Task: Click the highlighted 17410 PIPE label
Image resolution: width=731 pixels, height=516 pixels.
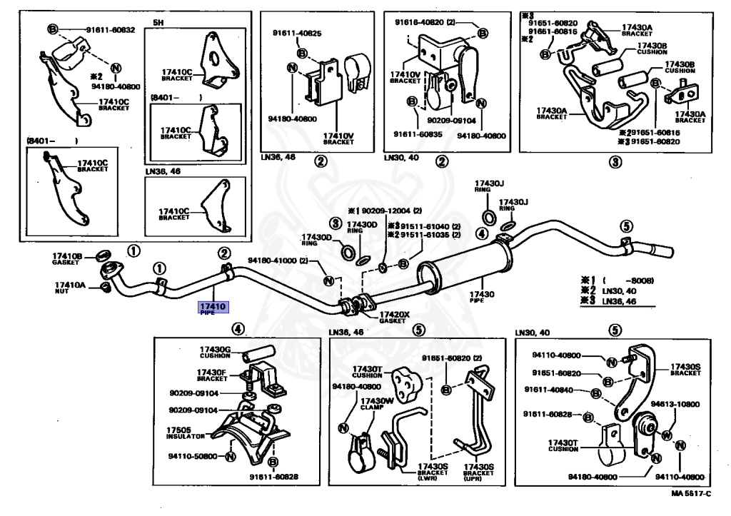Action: pyautogui.click(x=213, y=308)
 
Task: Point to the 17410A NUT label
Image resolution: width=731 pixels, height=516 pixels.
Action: pyautogui.click(x=69, y=288)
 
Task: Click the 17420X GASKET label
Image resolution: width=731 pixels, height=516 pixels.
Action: pyautogui.click(x=394, y=317)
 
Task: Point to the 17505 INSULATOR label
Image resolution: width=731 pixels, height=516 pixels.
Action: pyautogui.click(x=186, y=432)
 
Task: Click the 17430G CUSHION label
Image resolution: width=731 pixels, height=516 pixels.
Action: pyautogui.click(x=215, y=352)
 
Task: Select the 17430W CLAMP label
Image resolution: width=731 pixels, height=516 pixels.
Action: pyautogui.click(x=376, y=404)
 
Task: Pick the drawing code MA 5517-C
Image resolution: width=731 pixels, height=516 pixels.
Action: pyautogui.click(x=691, y=492)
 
